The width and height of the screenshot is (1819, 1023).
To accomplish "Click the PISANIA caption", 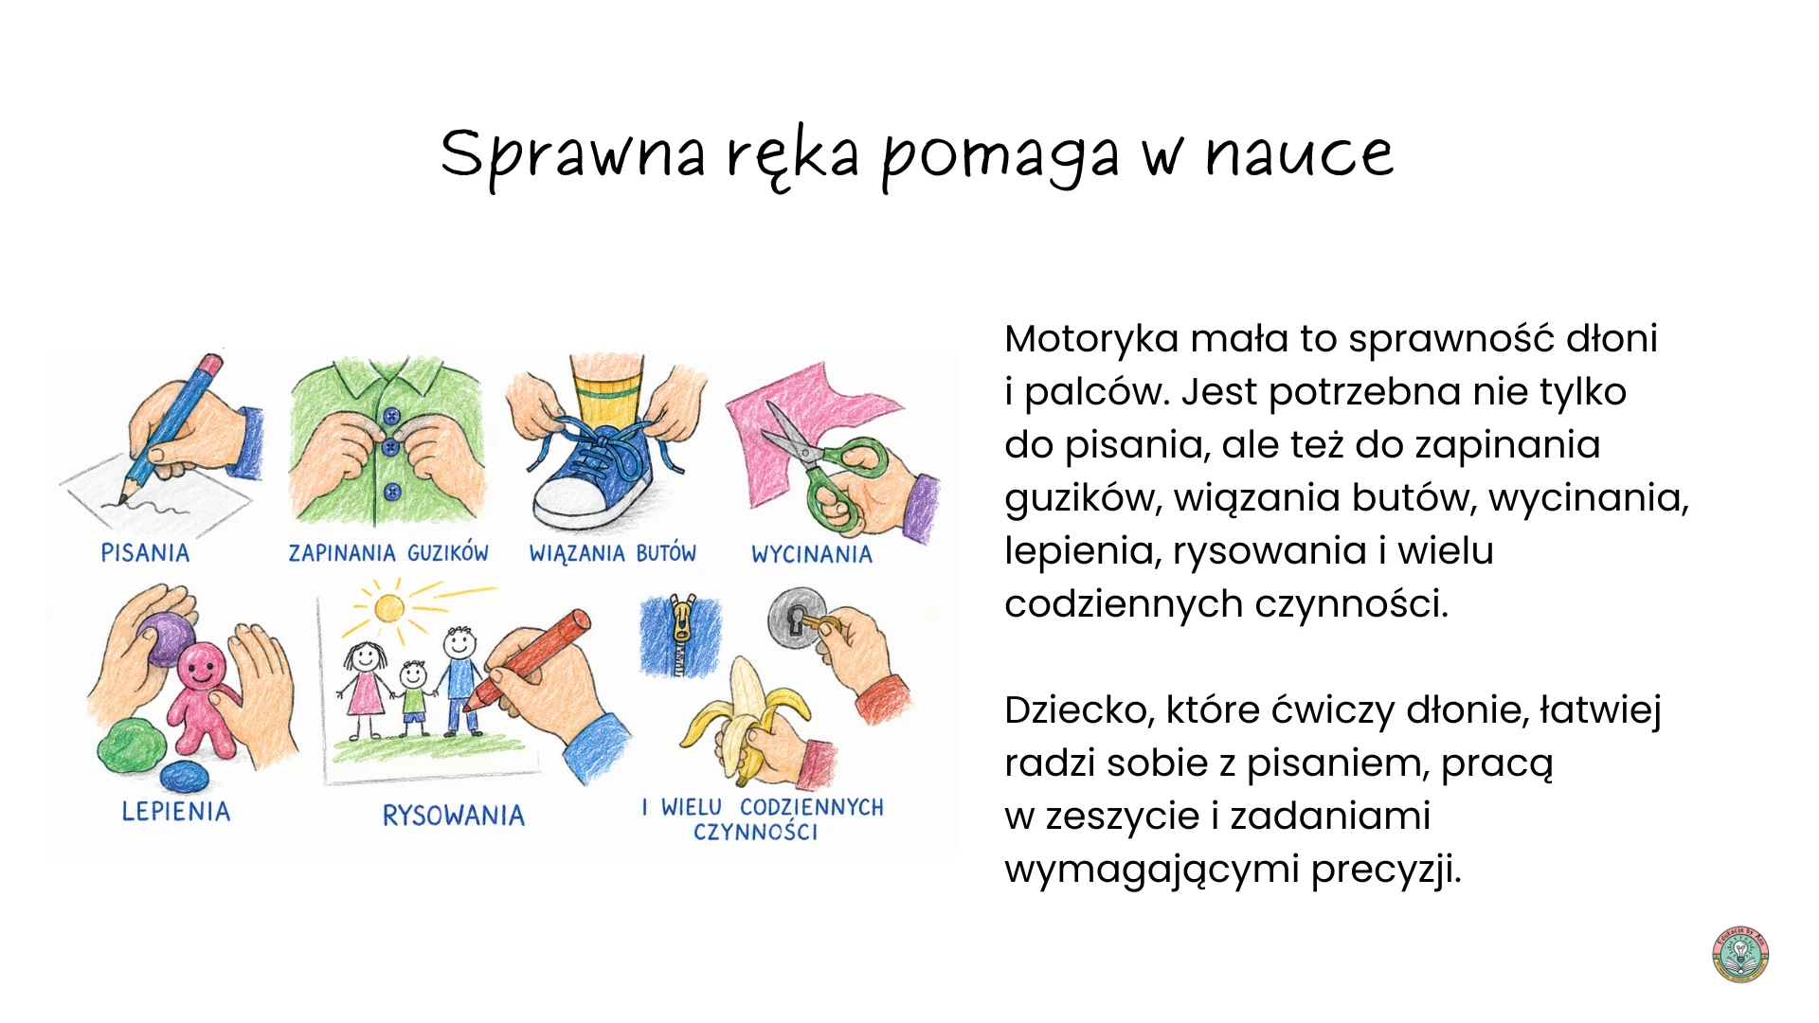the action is coord(145,553).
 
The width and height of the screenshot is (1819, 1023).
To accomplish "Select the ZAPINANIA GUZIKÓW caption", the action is coord(388,553).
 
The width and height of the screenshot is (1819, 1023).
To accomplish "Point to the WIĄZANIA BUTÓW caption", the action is coord(612,553).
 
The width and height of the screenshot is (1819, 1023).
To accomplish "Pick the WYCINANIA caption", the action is coord(812,554).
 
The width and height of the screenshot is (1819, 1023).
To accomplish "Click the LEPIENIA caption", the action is coord(176,812).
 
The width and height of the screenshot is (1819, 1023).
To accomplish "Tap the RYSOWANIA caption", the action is coord(454,816).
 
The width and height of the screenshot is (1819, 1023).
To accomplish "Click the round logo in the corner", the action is coord(1741,955).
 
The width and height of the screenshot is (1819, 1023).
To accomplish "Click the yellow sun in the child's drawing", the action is coord(389,607).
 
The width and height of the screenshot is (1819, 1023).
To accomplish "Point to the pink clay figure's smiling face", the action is coord(200,668).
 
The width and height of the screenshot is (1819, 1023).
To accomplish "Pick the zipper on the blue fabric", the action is coord(681,635).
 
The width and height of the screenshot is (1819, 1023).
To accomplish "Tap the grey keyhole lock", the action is coord(796,619).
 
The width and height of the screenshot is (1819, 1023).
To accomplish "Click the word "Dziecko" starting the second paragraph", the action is coord(1079,709).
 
